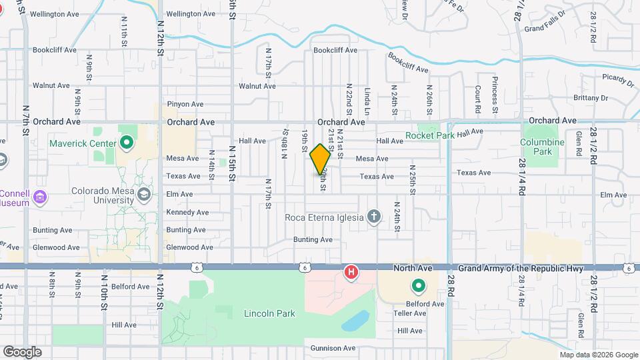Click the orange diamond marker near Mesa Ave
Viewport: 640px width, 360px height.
321,159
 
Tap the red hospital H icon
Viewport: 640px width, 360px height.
351,272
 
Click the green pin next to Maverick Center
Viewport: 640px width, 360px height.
127,143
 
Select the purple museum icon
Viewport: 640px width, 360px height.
40,197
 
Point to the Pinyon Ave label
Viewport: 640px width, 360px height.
185,104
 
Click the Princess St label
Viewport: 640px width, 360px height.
495,98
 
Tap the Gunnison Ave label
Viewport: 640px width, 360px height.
333,348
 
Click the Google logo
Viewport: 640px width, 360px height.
22,351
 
